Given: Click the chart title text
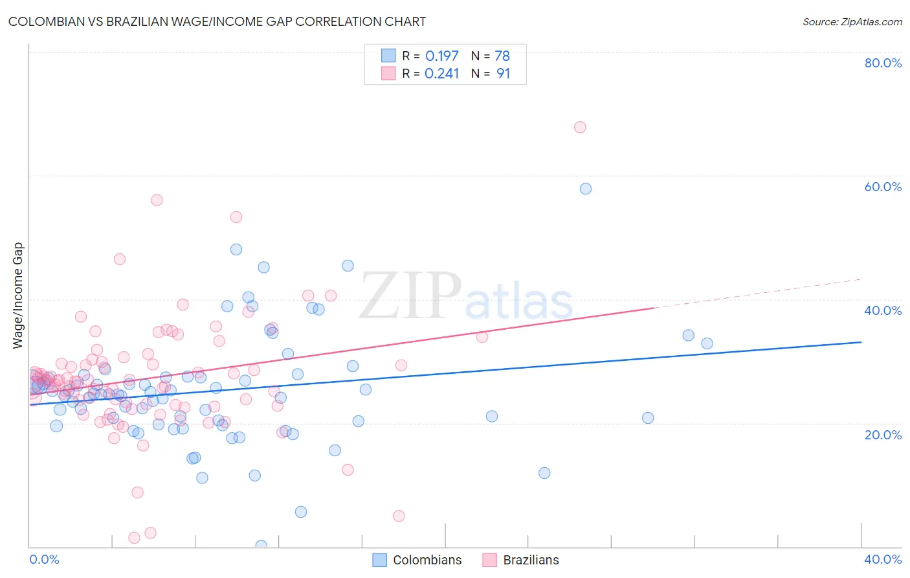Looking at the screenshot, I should click(217, 21).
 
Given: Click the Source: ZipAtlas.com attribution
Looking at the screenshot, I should click(852, 22).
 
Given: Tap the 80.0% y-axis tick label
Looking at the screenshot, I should click(883, 63).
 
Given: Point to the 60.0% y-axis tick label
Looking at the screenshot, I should click(883, 187).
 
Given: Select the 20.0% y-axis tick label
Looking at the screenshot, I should click(883, 435).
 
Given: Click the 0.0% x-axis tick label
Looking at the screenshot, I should click(44, 559).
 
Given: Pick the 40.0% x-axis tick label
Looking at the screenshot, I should click(883, 559).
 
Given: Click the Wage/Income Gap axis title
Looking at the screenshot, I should click(18, 295).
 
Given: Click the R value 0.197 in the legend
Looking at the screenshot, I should click(442, 56).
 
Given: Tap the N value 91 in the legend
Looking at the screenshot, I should click(503, 74).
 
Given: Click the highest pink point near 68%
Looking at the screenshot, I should click(580, 127).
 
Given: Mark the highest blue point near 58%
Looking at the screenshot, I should click(586, 189).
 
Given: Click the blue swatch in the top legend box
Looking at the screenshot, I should click(388, 56).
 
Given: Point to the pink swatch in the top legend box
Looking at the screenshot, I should click(388, 73).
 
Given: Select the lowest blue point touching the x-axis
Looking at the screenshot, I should click(261, 546).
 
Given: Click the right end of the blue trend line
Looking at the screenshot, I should click(860, 342).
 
